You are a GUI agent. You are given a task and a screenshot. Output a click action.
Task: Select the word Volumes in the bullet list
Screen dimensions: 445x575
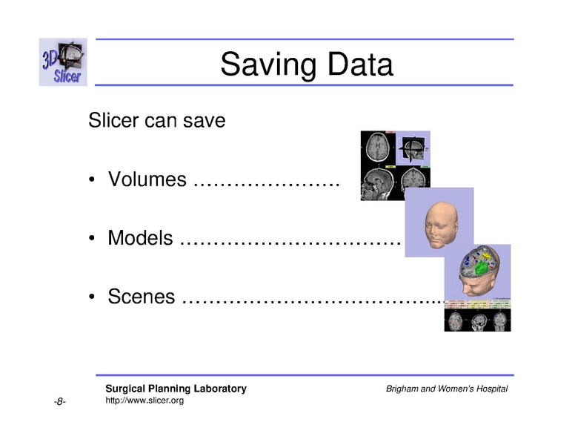147,179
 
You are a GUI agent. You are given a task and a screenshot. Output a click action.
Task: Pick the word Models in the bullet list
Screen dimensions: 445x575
141,238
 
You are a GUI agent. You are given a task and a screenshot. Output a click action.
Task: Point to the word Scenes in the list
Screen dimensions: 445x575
142,297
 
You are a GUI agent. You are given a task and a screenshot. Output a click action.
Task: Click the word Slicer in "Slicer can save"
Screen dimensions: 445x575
113,119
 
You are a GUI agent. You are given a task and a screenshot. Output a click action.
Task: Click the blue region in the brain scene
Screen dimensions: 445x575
467,262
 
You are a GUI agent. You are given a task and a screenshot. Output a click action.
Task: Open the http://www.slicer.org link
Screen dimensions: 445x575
144,400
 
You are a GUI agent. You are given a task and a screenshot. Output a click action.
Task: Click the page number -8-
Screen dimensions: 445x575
60,402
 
